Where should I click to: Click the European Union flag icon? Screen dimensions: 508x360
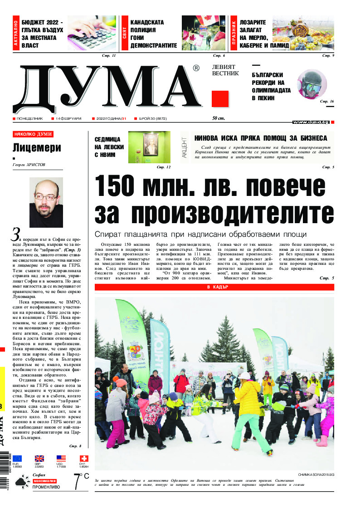17,459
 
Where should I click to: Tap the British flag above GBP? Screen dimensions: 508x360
39,459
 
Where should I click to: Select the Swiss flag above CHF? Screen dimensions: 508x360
84,459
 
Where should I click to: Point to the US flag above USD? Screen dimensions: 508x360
61,459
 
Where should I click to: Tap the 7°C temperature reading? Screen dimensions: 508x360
82,480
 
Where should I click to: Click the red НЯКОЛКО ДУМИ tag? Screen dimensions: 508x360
33,134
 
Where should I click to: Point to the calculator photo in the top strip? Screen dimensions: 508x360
92,34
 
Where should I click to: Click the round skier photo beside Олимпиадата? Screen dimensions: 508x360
311,84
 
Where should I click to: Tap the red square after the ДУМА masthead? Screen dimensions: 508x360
220,99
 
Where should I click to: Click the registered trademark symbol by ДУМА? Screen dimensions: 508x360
196,68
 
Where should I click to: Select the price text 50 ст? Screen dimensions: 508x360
219,119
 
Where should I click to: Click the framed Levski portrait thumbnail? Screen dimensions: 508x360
149,147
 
